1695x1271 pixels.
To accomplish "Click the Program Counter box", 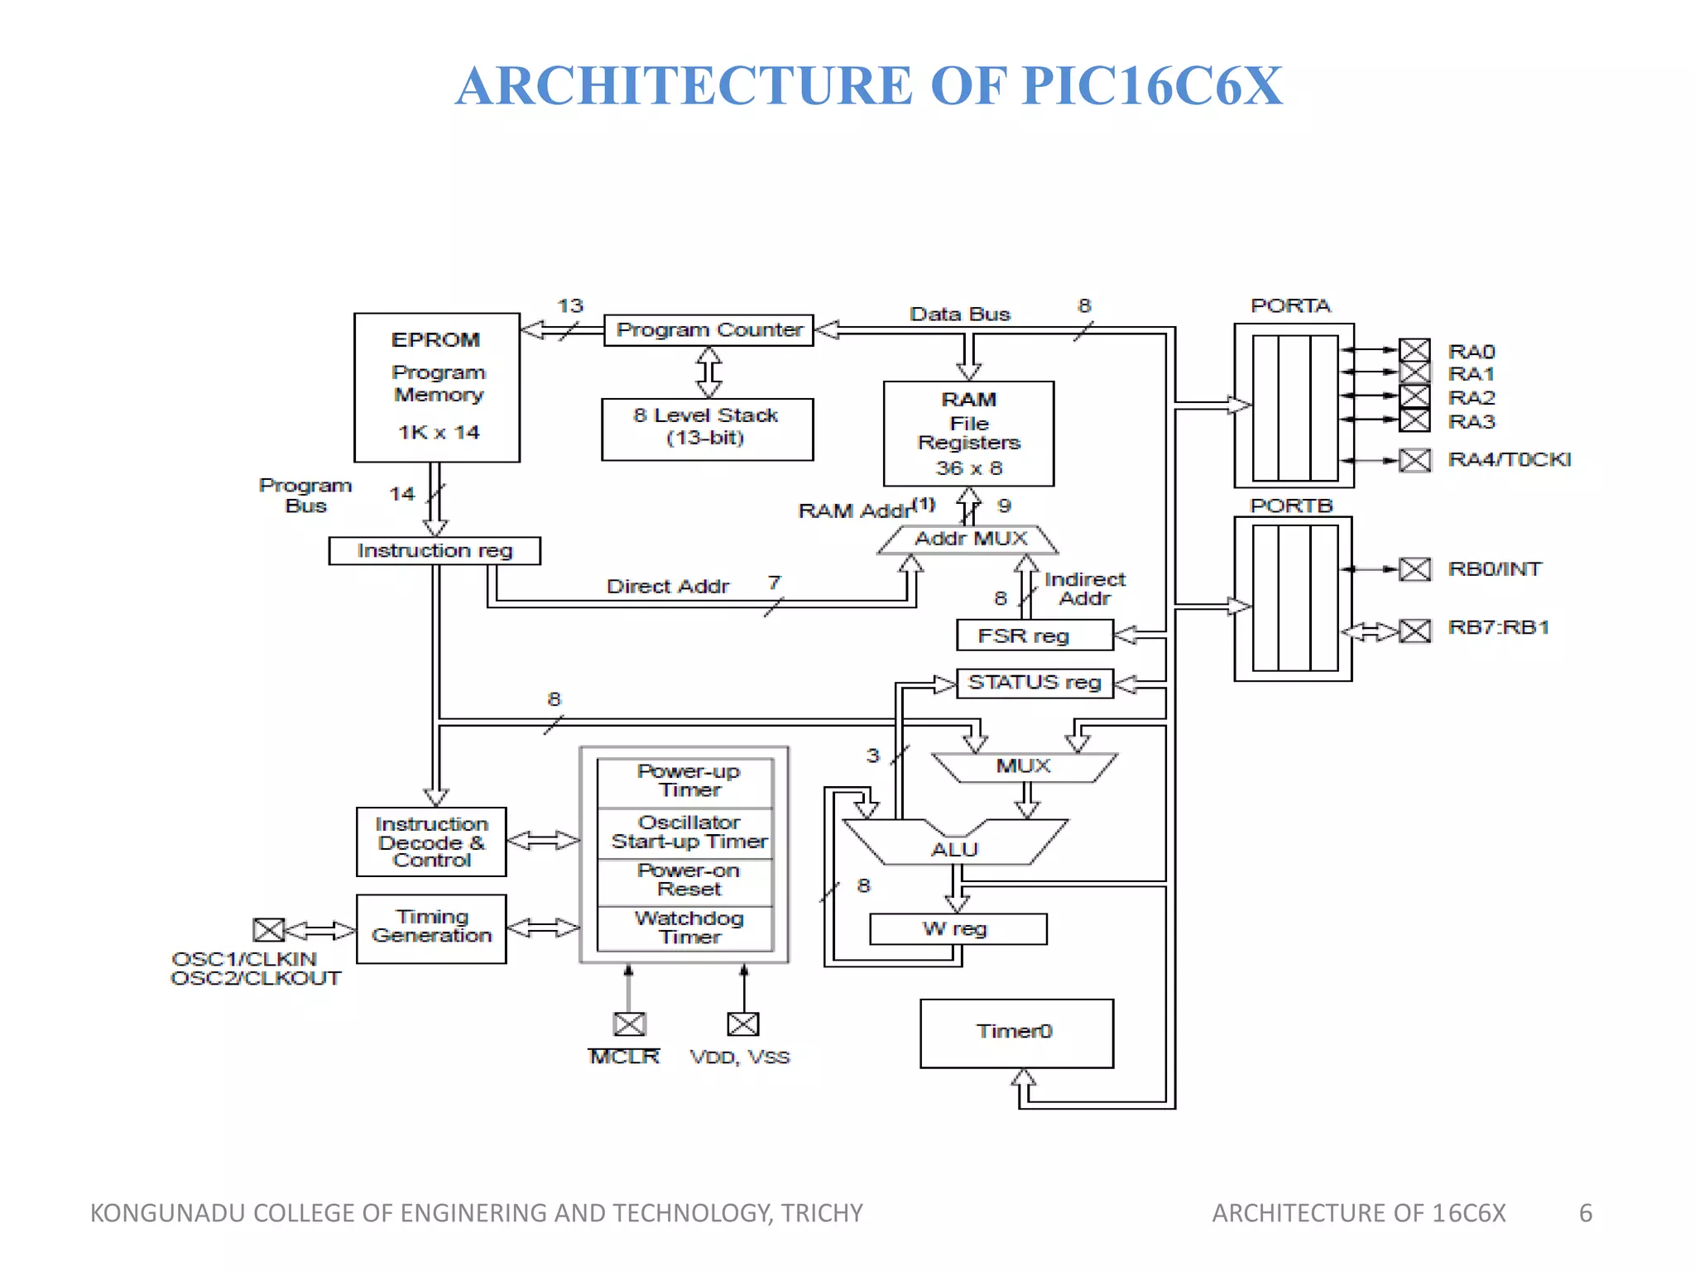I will (x=708, y=330).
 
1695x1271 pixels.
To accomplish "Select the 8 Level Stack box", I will (x=707, y=429).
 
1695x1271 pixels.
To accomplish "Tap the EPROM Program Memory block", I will (x=437, y=387).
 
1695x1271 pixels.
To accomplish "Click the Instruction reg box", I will (x=435, y=551).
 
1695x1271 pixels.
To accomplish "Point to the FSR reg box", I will (x=1034, y=635).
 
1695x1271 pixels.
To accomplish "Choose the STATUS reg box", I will (x=1035, y=683).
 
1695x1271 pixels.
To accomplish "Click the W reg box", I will (x=958, y=928).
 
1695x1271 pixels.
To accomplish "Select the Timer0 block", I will (x=1016, y=1033).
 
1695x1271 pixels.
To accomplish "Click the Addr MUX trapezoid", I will (x=968, y=540).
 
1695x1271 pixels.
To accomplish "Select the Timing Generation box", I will (x=431, y=928).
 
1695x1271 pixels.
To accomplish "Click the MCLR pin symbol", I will (x=629, y=1024).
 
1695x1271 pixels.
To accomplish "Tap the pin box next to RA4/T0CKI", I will (x=1414, y=460).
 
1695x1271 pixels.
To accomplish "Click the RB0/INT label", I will (x=1494, y=569).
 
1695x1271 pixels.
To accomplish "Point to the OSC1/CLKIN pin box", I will (x=269, y=930).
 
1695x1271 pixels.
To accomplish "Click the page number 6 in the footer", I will (x=1585, y=1213).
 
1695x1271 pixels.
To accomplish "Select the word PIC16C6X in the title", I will (x=1151, y=86).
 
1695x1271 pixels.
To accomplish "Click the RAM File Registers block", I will (x=968, y=434).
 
